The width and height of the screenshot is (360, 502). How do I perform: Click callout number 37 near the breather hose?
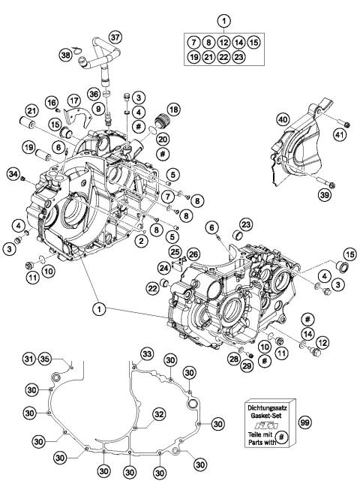pyautogui.click(x=115, y=37)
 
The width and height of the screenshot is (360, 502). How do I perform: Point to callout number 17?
pyautogui.click(x=73, y=99)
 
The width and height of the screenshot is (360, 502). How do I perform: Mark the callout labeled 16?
pyautogui.click(x=52, y=102)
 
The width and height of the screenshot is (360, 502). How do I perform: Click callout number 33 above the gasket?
pyautogui.click(x=147, y=353)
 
